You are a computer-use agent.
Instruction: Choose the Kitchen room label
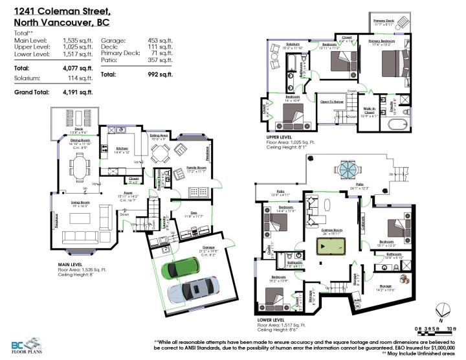pyautogui.click(x=123, y=148)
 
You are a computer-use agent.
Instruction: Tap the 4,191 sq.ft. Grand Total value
pyautogui.click(x=78, y=92)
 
